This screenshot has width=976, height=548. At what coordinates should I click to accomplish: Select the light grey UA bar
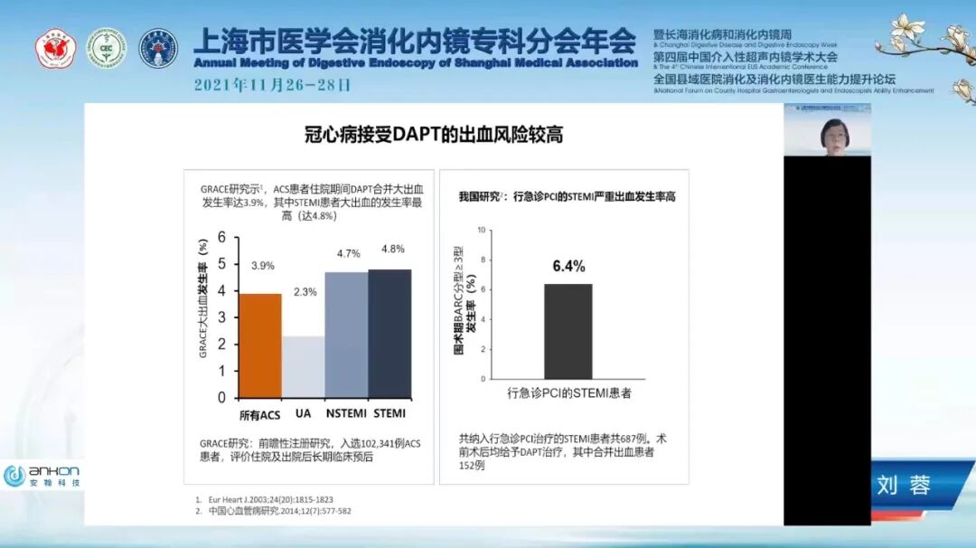304,366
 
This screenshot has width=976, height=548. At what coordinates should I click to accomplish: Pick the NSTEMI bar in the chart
347,335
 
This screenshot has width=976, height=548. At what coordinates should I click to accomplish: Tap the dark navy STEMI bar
389,333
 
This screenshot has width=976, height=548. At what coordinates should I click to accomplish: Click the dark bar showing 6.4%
568,331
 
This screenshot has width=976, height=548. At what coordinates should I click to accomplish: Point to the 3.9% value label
263,266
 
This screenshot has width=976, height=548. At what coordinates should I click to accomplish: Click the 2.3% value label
305,292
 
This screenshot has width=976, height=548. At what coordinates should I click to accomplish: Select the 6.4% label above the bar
568,266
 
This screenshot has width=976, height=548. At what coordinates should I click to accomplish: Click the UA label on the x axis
305,414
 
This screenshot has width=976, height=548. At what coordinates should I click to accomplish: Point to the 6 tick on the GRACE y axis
222,238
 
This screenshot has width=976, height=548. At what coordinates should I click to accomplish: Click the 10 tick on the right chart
482,230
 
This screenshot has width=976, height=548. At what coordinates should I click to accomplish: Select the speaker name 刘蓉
903,486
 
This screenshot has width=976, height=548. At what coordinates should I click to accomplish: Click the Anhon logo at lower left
42,476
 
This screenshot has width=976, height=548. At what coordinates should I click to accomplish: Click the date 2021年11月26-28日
272,86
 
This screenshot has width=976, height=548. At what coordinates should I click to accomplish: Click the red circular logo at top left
53,47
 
